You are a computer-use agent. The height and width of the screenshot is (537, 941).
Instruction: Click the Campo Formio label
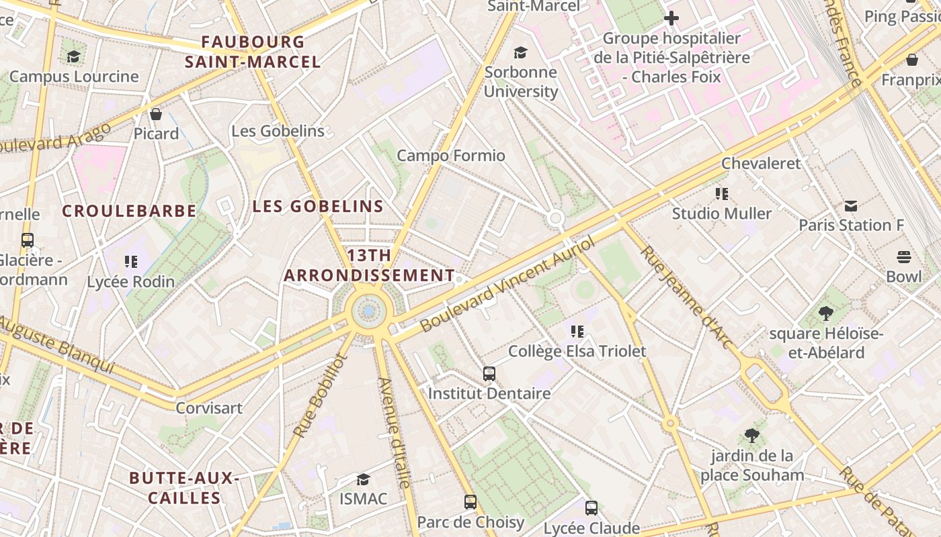(x=450, y=156)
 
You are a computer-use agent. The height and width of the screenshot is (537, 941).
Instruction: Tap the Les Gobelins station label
(x=278, y=131)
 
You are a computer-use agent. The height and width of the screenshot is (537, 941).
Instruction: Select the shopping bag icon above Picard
(x=156, y=115)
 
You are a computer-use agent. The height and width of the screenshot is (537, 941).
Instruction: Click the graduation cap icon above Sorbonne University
(x=520, y=52)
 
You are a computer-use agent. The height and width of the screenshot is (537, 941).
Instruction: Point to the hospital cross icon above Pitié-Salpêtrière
(x=671, y=18)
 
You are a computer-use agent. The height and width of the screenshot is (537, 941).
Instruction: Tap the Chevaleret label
(x=761, y=163)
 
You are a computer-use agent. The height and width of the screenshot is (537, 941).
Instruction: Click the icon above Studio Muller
(x=722, y=195)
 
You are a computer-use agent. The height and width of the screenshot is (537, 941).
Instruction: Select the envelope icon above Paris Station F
(x=851, y=206)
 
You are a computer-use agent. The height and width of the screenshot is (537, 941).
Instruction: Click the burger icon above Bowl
(x=903, y=257)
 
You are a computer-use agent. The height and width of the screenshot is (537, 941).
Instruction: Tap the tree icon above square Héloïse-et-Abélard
(x=825, y=313)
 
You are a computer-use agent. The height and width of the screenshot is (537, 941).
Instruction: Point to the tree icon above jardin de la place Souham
(x=752, y=436)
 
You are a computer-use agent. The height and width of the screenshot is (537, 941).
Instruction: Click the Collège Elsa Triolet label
(x=577, y=351)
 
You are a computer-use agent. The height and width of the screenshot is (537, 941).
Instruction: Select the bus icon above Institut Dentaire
(x=489, y=374)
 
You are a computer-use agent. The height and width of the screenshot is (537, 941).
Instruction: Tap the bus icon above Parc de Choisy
(x=470, y=502)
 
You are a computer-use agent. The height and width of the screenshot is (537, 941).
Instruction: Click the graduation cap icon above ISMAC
(x=363, y=479)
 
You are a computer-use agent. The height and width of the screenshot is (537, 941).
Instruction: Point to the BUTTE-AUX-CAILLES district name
(x=184, y=488)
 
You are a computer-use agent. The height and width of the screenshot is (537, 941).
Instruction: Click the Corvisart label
(x=209, y=408)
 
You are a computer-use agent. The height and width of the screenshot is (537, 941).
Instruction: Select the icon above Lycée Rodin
(x=131, y=262)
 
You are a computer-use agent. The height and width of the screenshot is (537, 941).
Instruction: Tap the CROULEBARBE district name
(x=129, y=211)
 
